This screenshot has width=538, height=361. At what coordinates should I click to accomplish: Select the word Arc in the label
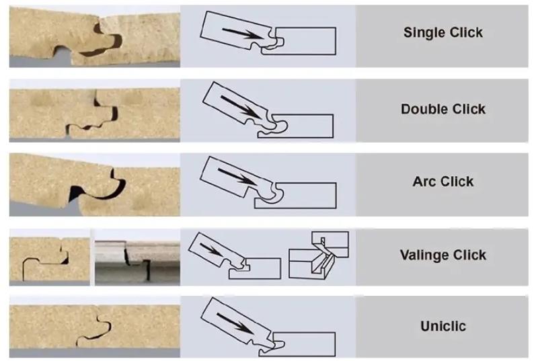click(x=424, y=182)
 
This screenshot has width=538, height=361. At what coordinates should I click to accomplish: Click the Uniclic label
click(x=443, y=326)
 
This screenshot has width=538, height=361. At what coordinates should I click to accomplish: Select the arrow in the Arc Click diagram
click(x=237, y=177)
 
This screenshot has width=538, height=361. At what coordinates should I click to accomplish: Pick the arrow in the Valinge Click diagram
click(x=211, y=249)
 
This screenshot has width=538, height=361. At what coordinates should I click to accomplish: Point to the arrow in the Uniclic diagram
click(x=236, y=323)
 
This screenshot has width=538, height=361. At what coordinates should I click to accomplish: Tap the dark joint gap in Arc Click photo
click(x=98, y=190)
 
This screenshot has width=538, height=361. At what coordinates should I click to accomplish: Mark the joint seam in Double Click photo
click(x=93, y=116)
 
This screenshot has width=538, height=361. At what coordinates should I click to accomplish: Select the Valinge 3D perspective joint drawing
click(x=319, y=255)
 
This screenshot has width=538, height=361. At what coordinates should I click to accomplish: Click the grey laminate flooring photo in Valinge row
click(x=137, y=263)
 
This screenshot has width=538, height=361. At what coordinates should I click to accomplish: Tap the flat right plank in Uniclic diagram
click(x=302, y=344)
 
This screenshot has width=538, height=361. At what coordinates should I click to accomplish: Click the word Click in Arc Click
click(x=457, y=182)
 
